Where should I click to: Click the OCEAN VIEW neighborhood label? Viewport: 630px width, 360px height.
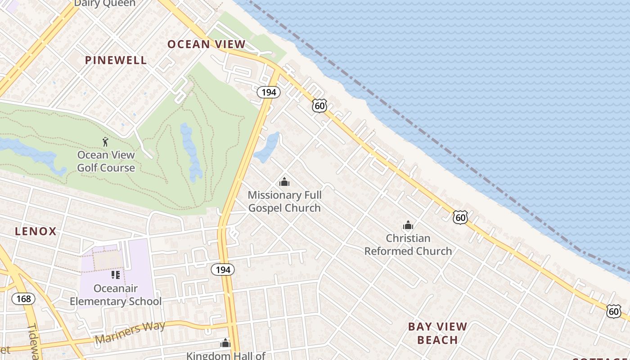coord(207,44)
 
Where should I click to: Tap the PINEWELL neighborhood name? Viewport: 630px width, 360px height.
coord(116,60)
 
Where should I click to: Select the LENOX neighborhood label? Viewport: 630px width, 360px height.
coord(36,231)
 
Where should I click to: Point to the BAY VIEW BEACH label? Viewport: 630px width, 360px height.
coord(437,333)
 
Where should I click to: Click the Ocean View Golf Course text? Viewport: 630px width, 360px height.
coord(106,161)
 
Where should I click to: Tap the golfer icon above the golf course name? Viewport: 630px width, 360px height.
coord(105,142)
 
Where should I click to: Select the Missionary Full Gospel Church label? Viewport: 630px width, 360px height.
coord(284,201)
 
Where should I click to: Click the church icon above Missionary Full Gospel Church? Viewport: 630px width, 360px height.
coord(284,182)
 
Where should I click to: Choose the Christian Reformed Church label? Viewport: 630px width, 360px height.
coord(408,244)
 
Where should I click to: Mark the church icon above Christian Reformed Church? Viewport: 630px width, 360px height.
coord(408,225)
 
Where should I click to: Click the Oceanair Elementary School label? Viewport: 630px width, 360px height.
coord(116,295)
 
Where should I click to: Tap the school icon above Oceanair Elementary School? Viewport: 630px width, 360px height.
coord(116,275)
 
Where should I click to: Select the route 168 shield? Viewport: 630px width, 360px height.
coord(23,298)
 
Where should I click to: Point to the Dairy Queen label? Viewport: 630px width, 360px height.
coord(104,4)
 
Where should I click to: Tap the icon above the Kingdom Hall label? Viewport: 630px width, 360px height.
coord(225,343)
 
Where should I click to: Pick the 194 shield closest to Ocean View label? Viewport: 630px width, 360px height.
coord(269,92)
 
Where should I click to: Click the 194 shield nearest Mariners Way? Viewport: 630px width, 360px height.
coord(223,270)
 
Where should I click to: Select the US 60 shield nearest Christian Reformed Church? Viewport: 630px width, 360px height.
coord(460,218)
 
